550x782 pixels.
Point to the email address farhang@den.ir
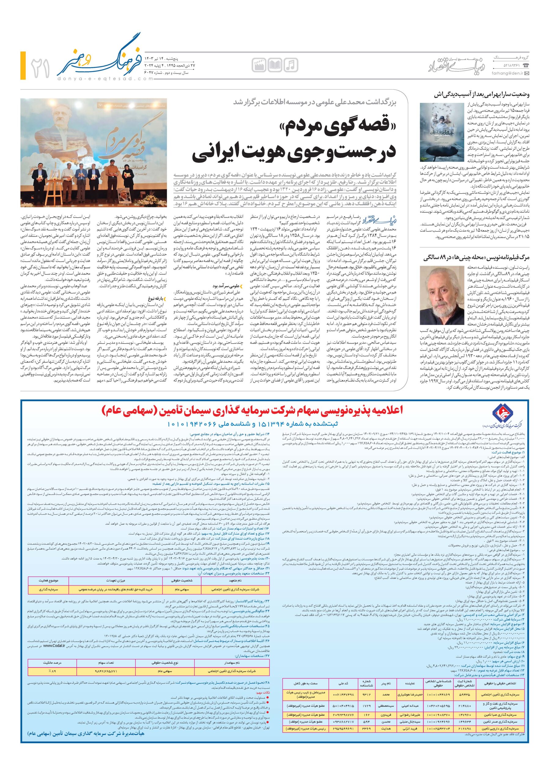tap(507, 74)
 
